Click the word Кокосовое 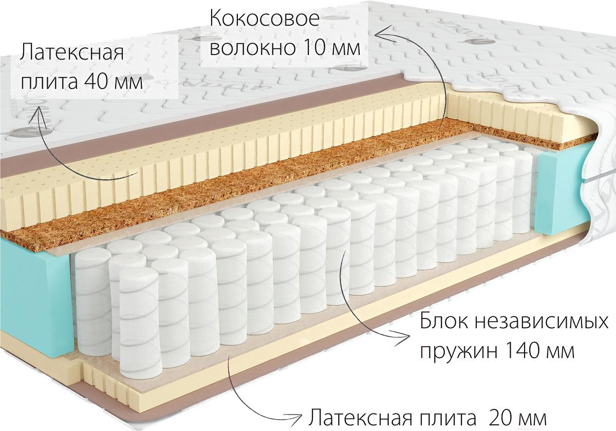coord(265,19)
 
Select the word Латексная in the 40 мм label coord(72,52)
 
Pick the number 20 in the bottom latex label coord(500,418)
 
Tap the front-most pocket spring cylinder coord(139,319)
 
